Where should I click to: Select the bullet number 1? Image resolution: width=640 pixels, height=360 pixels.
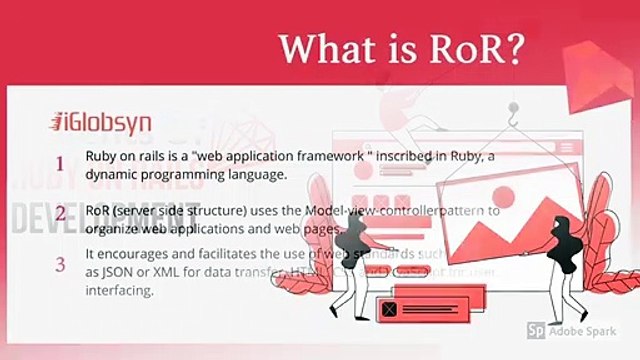60,163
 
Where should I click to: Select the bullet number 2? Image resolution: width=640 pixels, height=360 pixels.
60,213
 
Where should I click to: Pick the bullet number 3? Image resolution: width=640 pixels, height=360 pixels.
60,265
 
